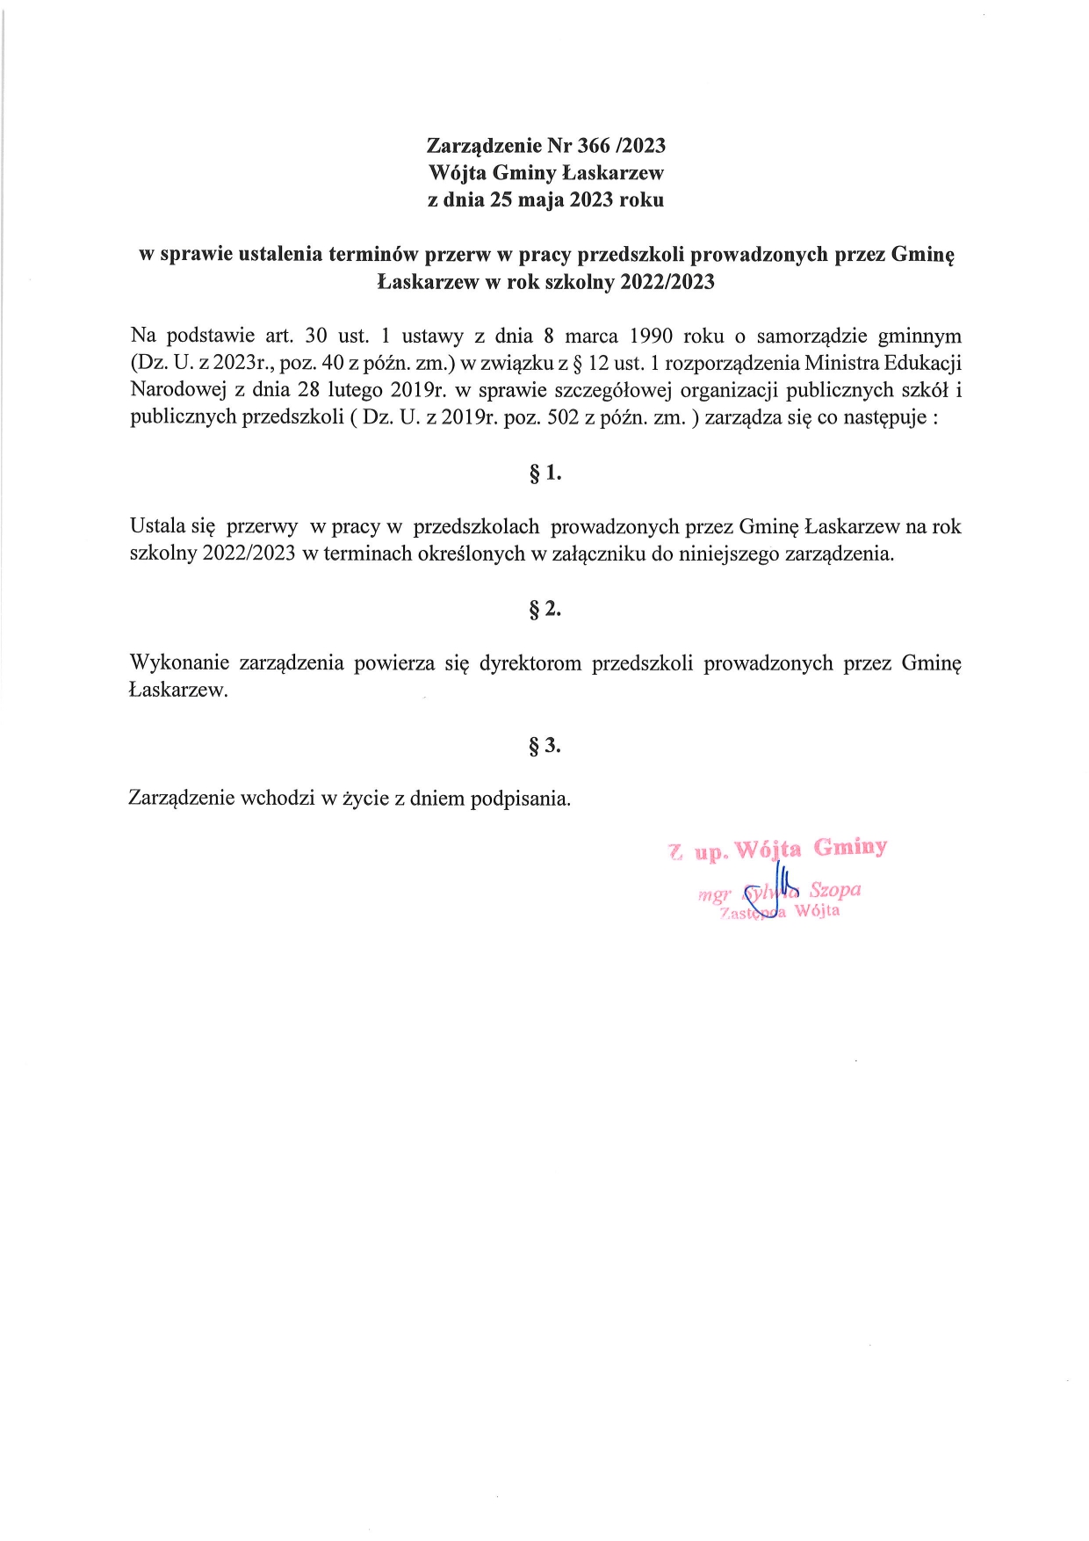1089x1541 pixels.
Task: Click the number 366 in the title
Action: (x=594, y=146)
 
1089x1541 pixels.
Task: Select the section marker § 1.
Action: (x=545, y=474)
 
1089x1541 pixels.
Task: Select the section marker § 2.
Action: (x=545, y=609)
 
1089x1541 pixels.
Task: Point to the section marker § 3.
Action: (x=545, y=746)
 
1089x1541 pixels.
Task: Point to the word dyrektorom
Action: (x=530, y=663)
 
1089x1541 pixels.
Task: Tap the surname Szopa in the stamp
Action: (x=834, y=889)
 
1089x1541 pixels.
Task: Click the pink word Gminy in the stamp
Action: (x=850, y=848)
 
